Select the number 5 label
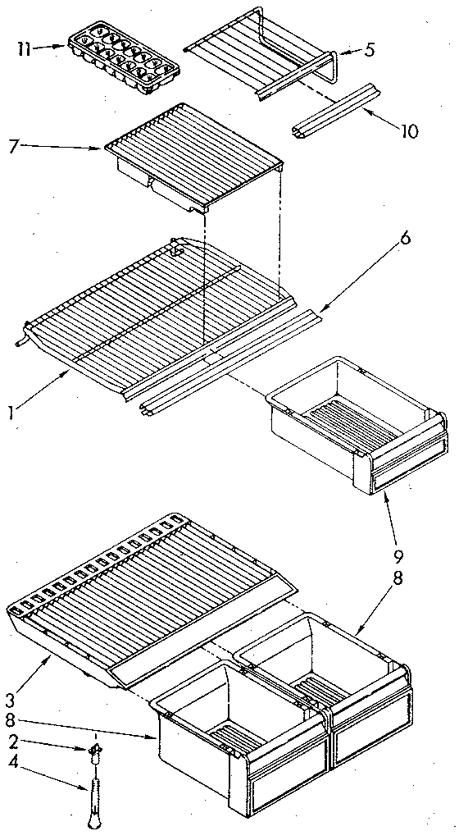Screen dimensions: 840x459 click(371, 50)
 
